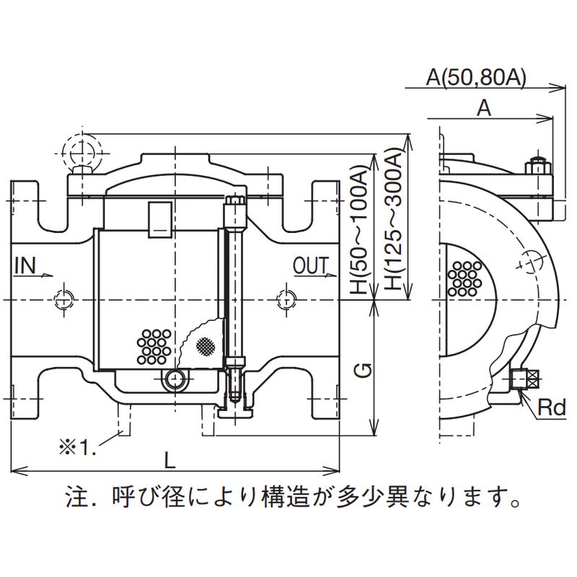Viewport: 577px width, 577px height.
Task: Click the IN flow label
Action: pyautogui.click(x=25, y=265)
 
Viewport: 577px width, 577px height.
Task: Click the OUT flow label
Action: pyautogui.click(x=311, y=265)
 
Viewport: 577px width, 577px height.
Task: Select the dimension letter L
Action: pyautogui.click(x=168, y=459)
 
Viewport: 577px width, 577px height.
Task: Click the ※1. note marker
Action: pyautogui.click(x=78, y=447)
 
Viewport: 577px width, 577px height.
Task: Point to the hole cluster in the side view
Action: pyautogui.click(x=465, y=278)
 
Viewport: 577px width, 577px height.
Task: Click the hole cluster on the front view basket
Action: pyautogui.click(x=154, y=345)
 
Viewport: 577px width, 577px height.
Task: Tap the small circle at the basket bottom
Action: pyautogui.click(x=174, y=379)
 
